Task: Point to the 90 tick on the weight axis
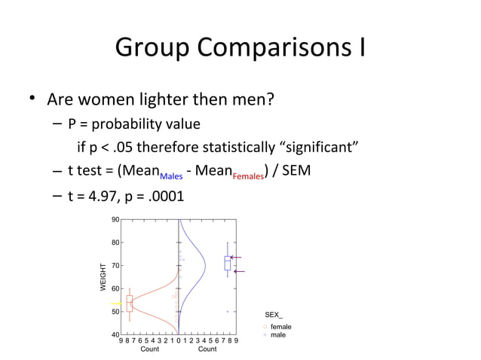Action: click(115, 220)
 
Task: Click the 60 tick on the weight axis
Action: click(115, 288)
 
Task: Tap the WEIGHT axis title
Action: click(103, 277)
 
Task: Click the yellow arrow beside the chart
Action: click(115, 304)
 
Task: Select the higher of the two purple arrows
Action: click(236, 258)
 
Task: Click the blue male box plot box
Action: click(228, 263)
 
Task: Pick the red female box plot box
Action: click(130, 304)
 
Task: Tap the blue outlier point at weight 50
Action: click(228, 311)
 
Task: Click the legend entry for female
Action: click(280, 327)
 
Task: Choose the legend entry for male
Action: click(277, 334)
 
